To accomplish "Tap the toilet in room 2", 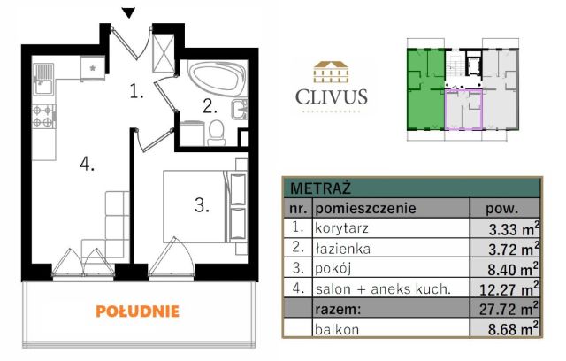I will click(x=215, y=132).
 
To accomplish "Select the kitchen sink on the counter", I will click(x=42, y=86).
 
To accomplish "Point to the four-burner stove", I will click(x=42, y=116).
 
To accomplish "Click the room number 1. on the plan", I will click(x=134, y=89).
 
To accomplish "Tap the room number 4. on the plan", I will click(x=85, y=163).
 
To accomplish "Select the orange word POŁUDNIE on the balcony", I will click(x=137, y=311).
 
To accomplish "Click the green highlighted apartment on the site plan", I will click(x=424, y=88).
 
